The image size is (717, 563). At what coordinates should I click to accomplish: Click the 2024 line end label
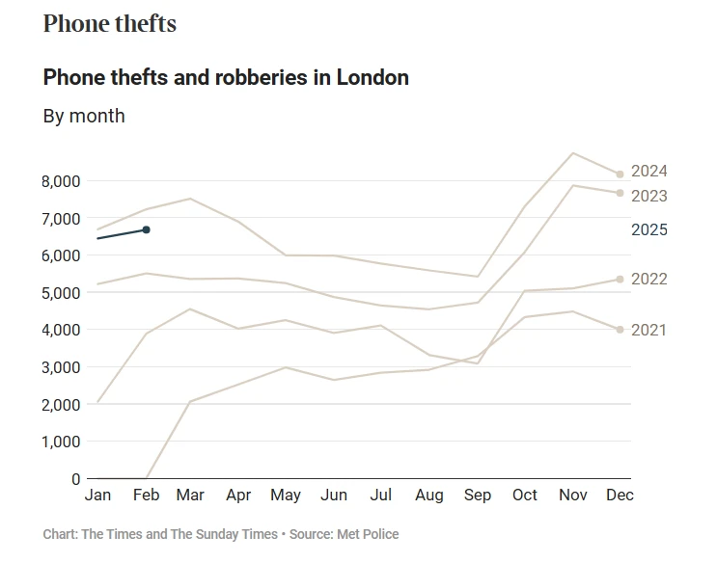click(x=648, y=172)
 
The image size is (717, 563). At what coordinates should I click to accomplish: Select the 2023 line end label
click(x=648, y=196)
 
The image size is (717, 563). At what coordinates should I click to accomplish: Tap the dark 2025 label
click(x=648, y=230)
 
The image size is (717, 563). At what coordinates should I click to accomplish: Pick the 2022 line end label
click(x=648, y=279)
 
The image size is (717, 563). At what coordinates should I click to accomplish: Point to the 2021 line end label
click(x=648, y=330)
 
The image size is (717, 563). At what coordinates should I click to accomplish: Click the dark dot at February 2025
click(x=146, y=229)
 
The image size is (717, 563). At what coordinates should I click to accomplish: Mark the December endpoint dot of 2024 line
click(x=620, y=174)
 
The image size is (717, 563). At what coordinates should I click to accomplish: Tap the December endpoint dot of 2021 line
click(x=620, y=330)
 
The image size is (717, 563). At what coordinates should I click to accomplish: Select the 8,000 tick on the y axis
click(x=63, y=181)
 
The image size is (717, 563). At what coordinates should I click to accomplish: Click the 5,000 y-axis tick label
click(x=63, y=293)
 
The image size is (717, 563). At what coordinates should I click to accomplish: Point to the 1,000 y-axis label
click(x=63, y=442)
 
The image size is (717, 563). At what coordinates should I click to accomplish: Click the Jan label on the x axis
click(x=97, y=496)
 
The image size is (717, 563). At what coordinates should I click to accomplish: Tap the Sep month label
click(x=477, y=496)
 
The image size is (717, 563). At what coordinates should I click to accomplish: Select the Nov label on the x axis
click(x=572, y=496)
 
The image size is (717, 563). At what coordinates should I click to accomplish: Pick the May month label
click(x=286, y=496)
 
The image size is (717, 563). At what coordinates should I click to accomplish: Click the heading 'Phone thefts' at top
click(x=110, y=24)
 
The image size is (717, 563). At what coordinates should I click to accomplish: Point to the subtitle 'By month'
click(x=84, y=116)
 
